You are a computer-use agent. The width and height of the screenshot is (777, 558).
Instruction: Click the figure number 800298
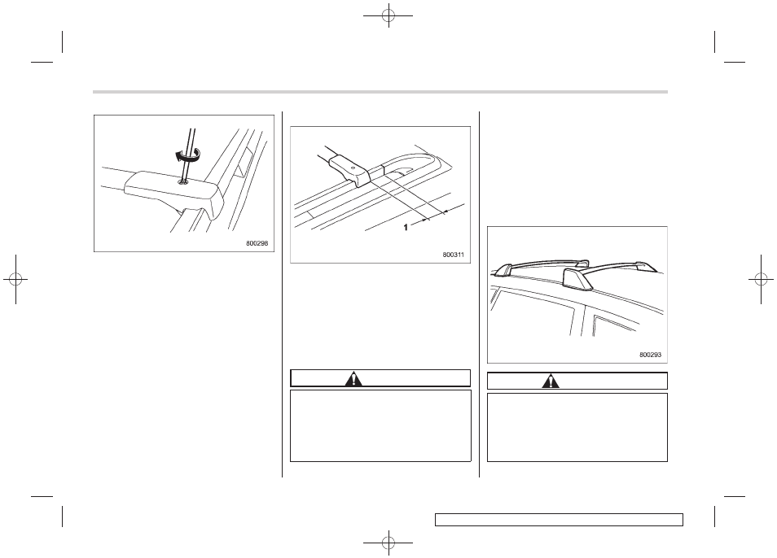(257, 243)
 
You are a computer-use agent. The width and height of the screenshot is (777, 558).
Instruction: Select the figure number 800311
(454, 255)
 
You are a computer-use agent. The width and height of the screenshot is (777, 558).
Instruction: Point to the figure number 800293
(650, 355)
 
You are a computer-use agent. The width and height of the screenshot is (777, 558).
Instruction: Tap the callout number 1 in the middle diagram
(406, 227)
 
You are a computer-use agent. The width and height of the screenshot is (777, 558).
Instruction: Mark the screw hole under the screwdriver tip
(184, 182)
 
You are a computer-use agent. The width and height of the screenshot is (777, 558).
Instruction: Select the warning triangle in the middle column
(353, 379)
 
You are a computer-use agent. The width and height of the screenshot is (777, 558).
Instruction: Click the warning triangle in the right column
(551, 381)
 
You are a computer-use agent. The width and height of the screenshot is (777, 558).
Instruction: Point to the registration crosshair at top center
(388, 15)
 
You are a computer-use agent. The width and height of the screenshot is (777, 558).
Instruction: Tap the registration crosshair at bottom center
(388, 543)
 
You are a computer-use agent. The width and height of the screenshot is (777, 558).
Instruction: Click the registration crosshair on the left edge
(15, 280)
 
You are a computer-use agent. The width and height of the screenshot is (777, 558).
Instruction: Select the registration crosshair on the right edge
(762, 280)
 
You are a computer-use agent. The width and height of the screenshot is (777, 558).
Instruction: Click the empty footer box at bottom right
(559, 520)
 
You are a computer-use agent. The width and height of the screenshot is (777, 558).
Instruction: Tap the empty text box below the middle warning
(380, 426)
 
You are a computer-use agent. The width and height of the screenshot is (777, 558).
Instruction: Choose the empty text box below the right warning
(577, 427)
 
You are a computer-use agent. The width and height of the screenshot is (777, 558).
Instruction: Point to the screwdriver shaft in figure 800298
(188, 155)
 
